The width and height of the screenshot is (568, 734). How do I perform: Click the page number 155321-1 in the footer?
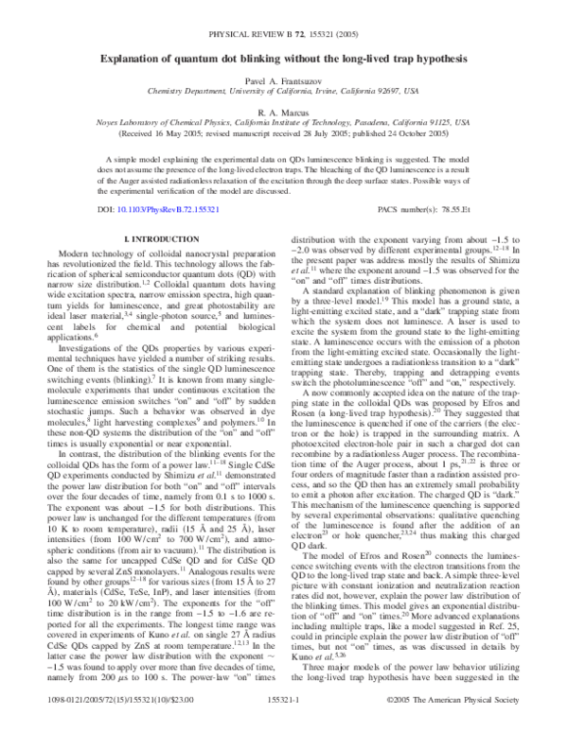284,719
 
